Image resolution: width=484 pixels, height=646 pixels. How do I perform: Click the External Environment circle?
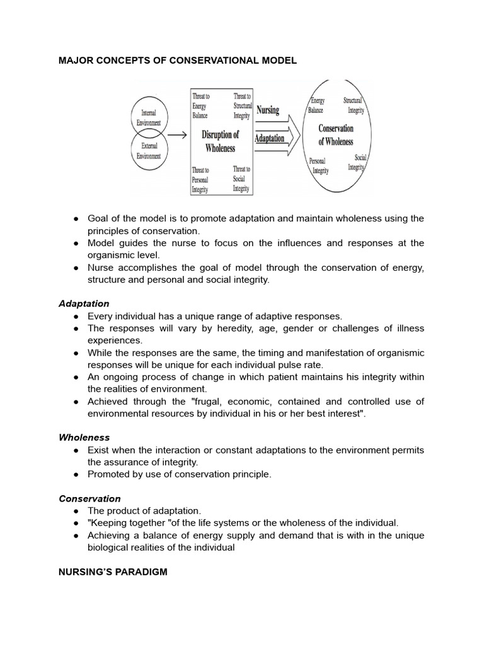click(149, 152)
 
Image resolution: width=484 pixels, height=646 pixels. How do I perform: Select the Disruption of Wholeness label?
click(220, 141)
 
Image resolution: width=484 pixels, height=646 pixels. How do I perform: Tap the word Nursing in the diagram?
click(268, 110)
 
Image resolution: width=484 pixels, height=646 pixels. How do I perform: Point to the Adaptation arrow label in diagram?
click(270, 138)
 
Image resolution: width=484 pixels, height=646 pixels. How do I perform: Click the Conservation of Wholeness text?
click(336, 134)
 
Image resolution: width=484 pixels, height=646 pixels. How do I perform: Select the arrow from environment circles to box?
click(178, 134)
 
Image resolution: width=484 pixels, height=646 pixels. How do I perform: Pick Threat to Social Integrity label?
click(241, 179)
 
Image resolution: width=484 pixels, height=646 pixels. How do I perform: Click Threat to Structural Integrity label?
click(242, 105)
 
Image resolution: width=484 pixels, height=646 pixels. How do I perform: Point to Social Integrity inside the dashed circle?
click(356, 163)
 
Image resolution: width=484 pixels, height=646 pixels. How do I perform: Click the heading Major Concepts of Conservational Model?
click(177, 61)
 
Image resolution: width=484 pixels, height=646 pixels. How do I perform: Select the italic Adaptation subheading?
click(84, 303)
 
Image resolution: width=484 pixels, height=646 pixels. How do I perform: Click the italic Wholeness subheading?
click(84, 437)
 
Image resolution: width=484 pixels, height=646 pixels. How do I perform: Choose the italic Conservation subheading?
click(89, 498)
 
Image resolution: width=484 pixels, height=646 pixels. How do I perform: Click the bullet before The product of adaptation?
click(75, 511)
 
